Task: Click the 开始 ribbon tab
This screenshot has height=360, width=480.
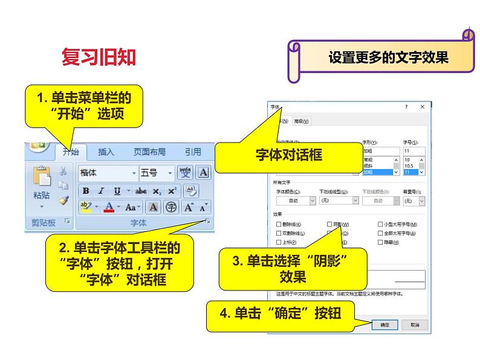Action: pos(70,152)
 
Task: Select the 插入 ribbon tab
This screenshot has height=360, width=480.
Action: pos(106,152)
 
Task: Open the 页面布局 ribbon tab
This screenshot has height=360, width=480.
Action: pos(149,152)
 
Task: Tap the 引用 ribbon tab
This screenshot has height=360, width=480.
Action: pos(193,152)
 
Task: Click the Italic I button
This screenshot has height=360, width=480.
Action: pos(102,191)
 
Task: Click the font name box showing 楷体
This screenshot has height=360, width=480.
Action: pos(108,173)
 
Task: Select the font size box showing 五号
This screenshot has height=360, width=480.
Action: pos(156,173)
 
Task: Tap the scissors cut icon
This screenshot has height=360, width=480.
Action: pos(63,172)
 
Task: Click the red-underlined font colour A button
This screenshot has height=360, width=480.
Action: pos(109,207)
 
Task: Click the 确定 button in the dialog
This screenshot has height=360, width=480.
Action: pos(384,324)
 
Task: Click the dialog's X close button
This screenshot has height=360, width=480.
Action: pos(421,107)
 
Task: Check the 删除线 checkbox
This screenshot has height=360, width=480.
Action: pos(279,224)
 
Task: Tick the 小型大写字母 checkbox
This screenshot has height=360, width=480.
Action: pos(379,224)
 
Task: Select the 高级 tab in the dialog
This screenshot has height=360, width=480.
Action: pos(301,121)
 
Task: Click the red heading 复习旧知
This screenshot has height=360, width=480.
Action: pos(99,57)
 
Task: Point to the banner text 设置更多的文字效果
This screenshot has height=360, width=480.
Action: pos(388,58)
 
